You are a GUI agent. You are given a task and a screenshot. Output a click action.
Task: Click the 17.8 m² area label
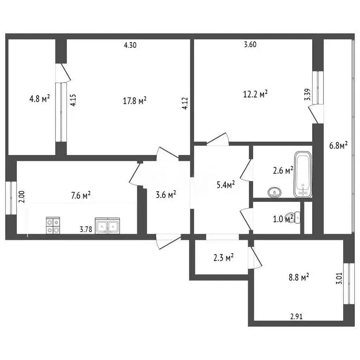135,100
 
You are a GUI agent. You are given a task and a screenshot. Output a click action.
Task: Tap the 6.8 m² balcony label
338,146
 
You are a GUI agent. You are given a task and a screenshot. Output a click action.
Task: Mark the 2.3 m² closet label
223,257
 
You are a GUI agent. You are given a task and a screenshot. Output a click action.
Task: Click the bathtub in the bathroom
303,174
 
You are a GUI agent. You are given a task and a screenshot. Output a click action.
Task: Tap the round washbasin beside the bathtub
273,192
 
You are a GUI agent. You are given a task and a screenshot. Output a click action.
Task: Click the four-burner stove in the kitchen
53,226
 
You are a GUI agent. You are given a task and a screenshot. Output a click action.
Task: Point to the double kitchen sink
107,226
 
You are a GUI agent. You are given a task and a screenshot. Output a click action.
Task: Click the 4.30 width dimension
131,45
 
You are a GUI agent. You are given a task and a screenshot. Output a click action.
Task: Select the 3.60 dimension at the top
251,45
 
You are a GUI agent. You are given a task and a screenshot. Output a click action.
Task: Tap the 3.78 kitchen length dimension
85,229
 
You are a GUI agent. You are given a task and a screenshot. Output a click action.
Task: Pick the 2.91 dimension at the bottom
295,316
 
